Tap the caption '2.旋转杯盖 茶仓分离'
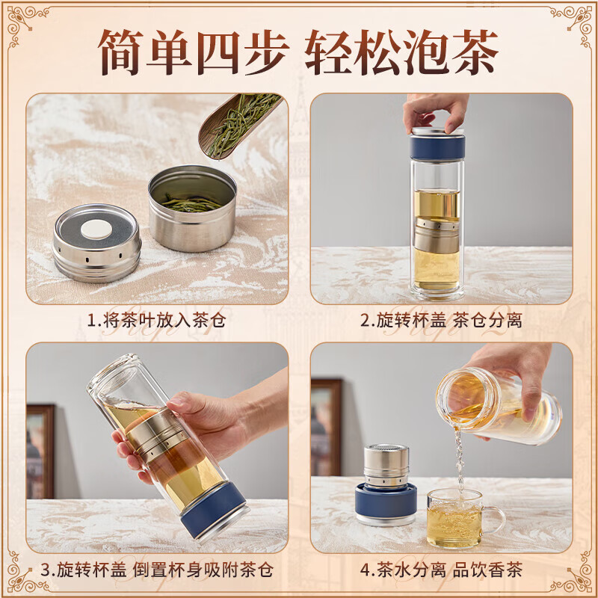(x=441, y=321)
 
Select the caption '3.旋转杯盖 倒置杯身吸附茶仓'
(x=157, y=570)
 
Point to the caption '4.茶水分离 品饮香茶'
(x=441, y=570)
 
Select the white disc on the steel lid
(x=96, y=230)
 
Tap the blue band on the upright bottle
(x=437, y=148)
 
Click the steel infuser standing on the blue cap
(x=386, y=465)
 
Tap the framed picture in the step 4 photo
(x=327, y=426)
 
